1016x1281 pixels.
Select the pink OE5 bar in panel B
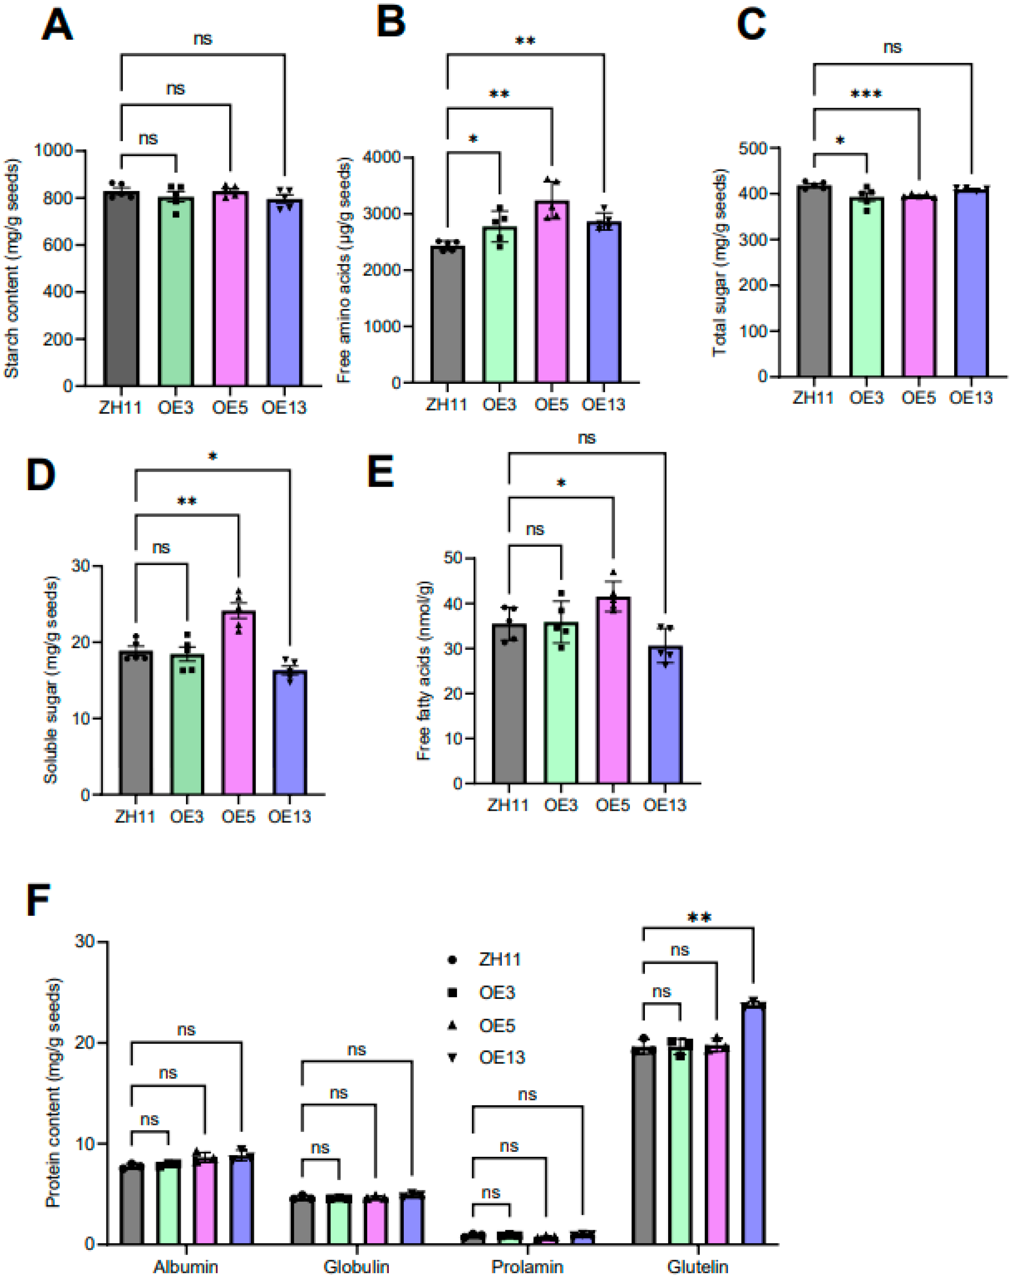coord(552,291)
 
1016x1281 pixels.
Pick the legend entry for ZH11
coord(499,959)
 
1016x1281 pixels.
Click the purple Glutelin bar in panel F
coord(753,1123)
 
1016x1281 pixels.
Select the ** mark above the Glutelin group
coord(699,918)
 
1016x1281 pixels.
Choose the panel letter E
coord(380,472)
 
